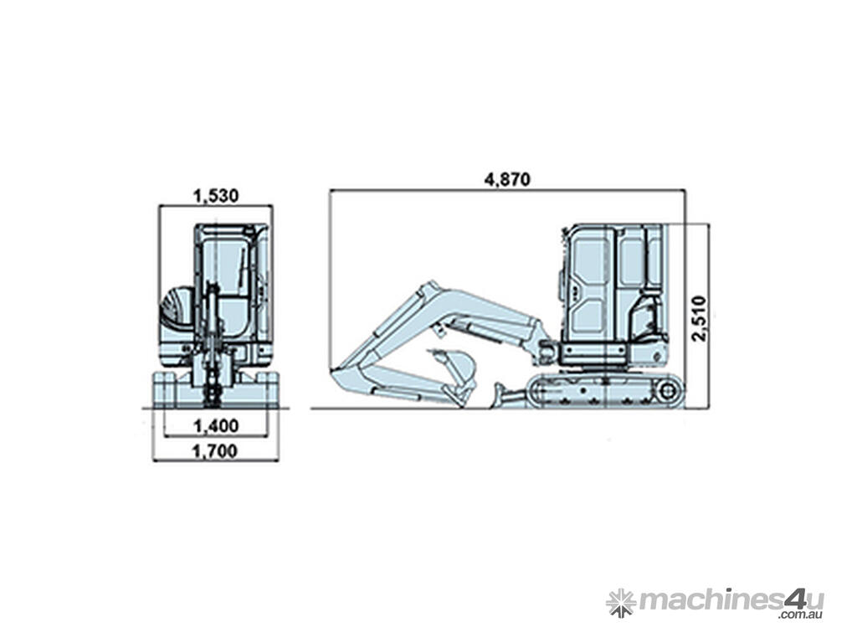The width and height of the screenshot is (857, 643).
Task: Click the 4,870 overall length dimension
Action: click(507, 179)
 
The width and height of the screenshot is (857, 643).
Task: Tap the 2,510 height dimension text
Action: click(699, 319)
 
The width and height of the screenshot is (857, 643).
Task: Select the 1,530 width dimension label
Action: click(216, 196)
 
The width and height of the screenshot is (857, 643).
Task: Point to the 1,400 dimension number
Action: click(216, 425)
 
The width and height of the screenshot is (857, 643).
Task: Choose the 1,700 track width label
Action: click(216, 451)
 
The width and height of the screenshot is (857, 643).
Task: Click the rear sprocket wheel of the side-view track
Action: click(667, 390)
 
